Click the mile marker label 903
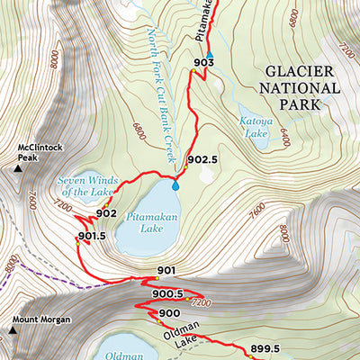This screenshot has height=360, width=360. point(202,62)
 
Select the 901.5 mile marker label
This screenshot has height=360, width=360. point(92,237)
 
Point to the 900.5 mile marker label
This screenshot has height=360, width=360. point(168,293)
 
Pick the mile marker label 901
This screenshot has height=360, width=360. point(166,271)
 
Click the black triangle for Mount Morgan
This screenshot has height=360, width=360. point(13,330)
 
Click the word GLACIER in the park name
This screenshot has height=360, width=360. point(300,72)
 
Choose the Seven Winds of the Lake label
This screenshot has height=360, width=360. point(88,186)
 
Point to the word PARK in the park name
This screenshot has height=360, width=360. point(299,103)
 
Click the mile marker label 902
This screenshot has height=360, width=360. point(106,213)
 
